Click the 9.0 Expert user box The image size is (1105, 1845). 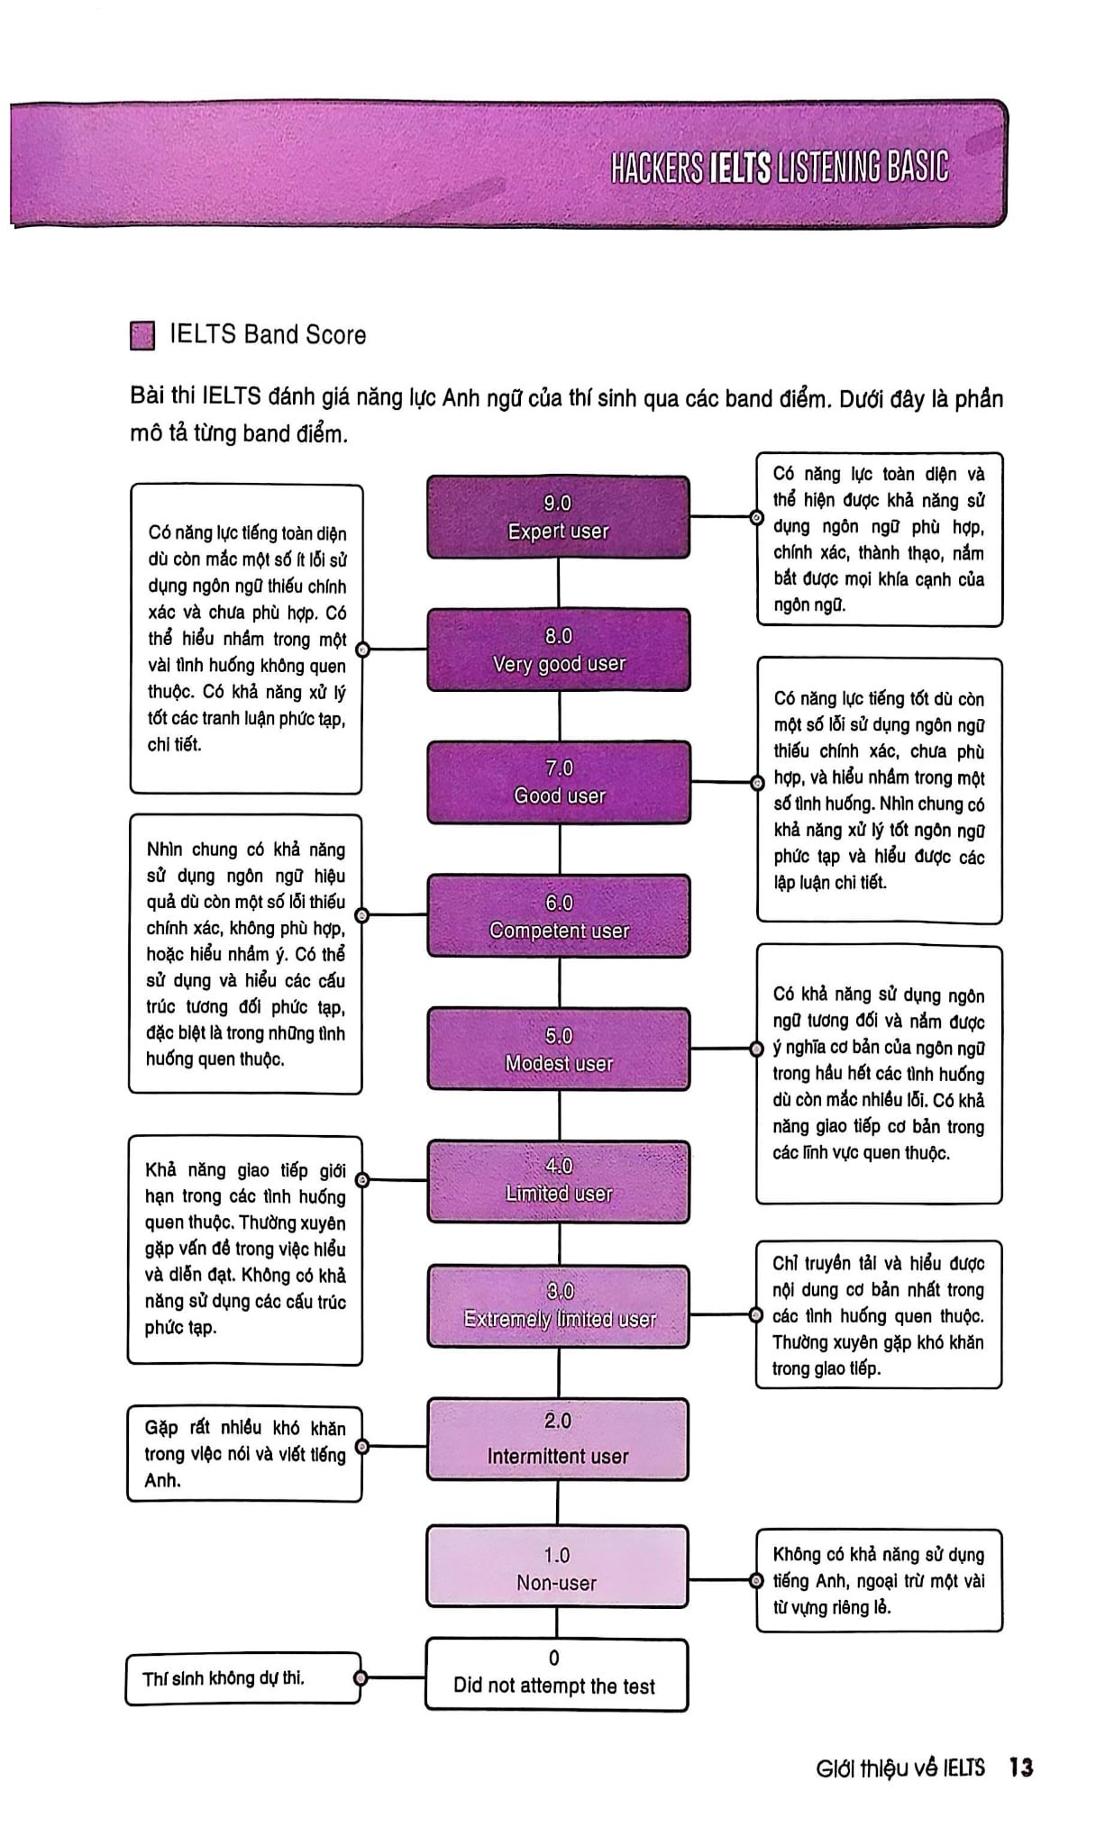(559, 517)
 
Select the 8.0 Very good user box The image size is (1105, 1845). (559, 650)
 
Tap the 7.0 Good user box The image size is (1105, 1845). (559, 782)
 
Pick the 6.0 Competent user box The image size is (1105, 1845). (559, 916)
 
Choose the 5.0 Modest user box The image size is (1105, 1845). (559, 1050)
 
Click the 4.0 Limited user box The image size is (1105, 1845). (559, 1181)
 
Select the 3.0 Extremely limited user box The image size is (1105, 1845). (559, 1306)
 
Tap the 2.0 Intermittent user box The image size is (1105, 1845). (558, 1440)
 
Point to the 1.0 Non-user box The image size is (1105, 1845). (557, 1567)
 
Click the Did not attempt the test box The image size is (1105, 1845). (556, 1675)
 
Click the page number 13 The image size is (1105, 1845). (1021, 1768)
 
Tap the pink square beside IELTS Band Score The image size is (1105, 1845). (142, 335)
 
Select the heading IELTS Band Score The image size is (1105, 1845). (268, 335)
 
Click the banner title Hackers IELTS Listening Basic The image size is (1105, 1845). (780, 168)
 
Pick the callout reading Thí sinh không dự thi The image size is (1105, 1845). (243, 1678)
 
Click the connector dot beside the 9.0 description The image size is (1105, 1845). (757, 517)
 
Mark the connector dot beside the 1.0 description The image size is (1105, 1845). (757, 1580)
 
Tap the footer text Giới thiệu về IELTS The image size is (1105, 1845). (900, 1768)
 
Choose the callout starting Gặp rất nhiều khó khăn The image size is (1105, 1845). (244, 1454)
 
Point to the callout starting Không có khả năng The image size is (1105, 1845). (879, 1580)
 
